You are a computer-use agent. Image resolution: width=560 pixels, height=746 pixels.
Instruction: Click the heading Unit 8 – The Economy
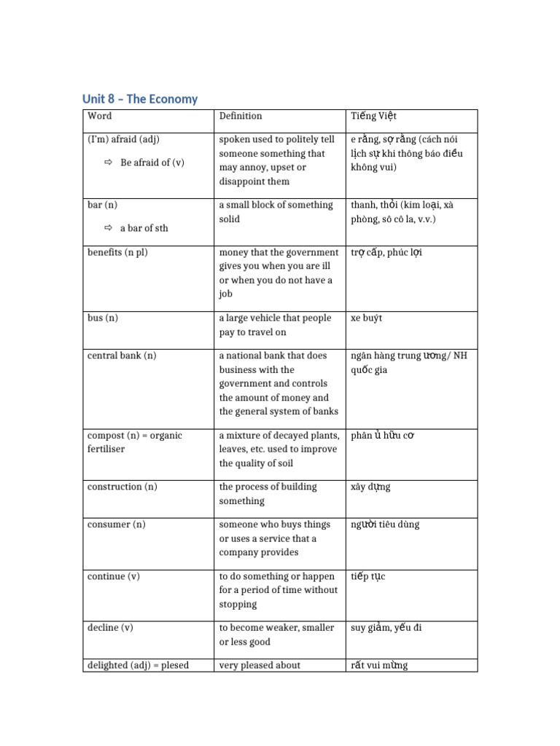pos(140,99)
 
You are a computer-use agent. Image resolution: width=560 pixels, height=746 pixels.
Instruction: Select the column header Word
pos(99,116)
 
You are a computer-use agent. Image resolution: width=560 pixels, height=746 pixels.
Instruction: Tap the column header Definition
pos(241,116)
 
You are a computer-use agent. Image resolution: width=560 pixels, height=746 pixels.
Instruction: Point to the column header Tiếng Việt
pos(373,116)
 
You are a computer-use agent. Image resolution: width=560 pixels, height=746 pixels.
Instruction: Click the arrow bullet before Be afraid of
pos(109,162)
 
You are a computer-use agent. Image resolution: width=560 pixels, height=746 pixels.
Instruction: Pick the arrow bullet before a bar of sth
pos(109,228)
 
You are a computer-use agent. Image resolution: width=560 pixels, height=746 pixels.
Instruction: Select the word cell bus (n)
pos(102,318)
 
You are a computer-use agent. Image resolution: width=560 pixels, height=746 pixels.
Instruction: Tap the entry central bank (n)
pos(121,356)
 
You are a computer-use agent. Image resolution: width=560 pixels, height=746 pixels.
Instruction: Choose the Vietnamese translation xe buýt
pos(367,318)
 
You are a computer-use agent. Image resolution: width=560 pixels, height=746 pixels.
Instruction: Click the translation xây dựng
pos(370,487)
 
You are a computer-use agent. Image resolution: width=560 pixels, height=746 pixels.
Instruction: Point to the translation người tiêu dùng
pos(385,525)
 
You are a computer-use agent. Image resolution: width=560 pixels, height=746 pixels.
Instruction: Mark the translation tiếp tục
pos(368,576)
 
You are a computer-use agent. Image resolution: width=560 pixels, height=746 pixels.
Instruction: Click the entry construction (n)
pos(122,487)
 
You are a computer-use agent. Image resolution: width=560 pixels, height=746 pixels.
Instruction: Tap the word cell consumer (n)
pos(117,525)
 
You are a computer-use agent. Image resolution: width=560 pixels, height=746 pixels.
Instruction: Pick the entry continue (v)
pos(113,576)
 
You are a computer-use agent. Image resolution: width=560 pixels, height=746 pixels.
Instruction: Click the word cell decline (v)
pos(110,628)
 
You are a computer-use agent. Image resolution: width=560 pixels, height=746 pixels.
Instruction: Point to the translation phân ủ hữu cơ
pos(383,436)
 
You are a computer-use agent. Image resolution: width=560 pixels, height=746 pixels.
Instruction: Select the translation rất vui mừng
pos(379,665)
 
